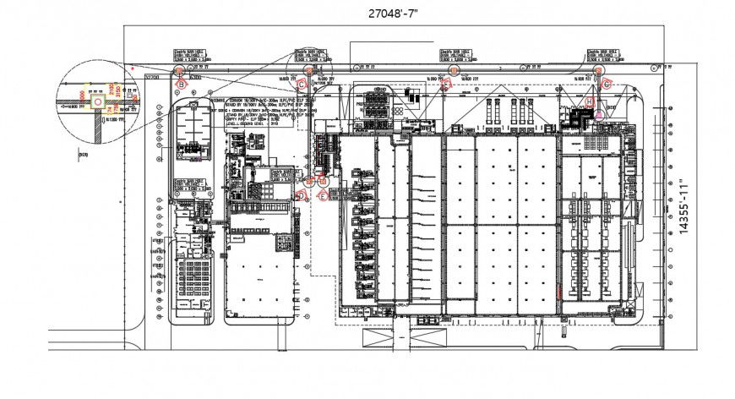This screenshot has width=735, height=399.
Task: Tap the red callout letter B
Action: (x=180, y=84)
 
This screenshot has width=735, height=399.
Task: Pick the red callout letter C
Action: (x=301, y=83)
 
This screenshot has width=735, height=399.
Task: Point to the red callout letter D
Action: (x=302, y=195)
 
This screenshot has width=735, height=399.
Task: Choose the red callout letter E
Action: (x=323, y=195)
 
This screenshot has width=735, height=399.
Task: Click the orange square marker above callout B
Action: (x=180, y=74)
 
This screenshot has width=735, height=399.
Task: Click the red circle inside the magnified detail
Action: (x=99, y=101)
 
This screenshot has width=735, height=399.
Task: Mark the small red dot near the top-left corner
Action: (x=133, y=65)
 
